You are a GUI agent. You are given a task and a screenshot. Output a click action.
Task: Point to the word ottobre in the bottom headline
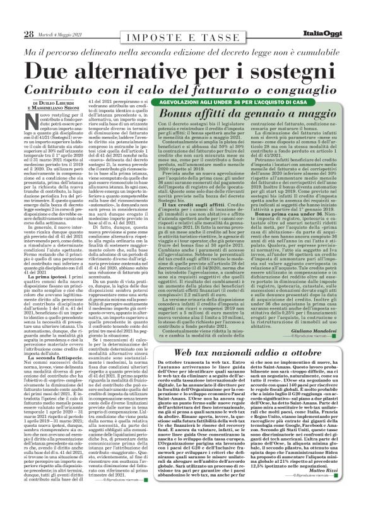click(x=322, y=354)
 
